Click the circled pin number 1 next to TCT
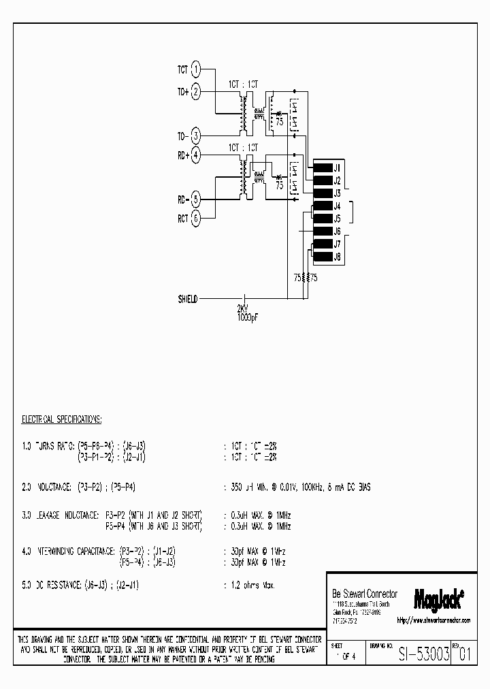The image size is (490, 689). tap(196, 69)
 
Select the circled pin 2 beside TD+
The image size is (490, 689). tap(196, 91)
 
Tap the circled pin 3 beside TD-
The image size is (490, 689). tap(196, 135)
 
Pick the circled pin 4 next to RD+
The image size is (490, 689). tap(196, 155)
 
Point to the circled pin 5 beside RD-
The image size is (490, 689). tap(196, 199)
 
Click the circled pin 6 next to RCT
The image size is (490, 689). tap(196, 219)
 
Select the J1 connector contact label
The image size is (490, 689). tap(337, 167)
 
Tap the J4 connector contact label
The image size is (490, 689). tap(337, 206)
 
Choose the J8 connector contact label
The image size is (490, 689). tap(337, 257)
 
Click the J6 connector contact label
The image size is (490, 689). tap(337, 231)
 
